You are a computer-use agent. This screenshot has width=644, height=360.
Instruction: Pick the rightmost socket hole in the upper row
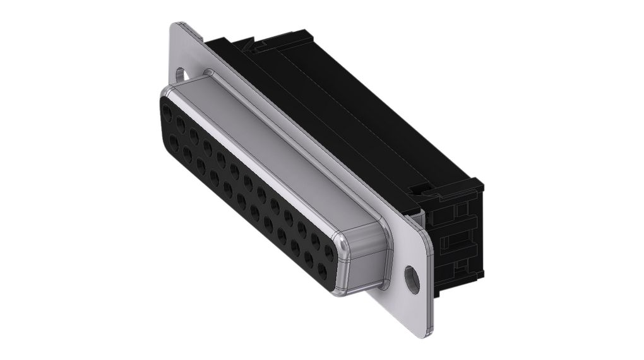[330, 252]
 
